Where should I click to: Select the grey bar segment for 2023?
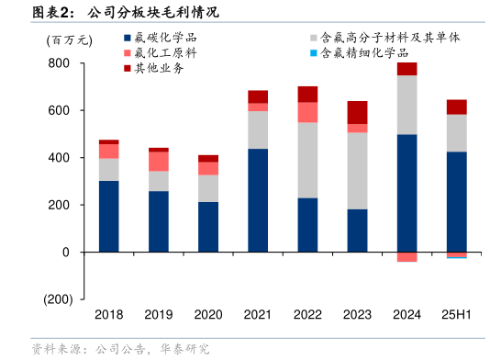pos(357,171)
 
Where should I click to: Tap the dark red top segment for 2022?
pos(307,94)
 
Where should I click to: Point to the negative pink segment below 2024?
pos(406,257)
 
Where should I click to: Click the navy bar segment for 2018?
pos(109,216)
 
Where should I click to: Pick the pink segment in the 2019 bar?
pos(159,161)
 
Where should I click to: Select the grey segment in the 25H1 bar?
pos(456,133)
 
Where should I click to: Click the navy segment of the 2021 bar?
pos(258,200)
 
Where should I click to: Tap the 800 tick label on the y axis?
pos(59,63)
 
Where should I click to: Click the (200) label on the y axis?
pos(56,299)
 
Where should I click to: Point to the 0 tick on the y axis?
pos(65,252)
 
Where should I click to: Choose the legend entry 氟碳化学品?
pos(165,39)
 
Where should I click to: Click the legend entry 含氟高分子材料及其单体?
pos(390,39)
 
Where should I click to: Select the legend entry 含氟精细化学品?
pos(371,53)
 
